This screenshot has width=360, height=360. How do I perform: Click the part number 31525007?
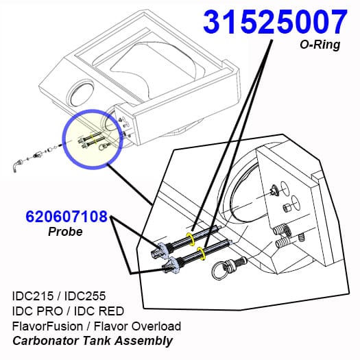pyautogui.click(x=275, y=22)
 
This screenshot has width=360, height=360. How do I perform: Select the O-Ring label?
pyautogui.click(x=320, y=45)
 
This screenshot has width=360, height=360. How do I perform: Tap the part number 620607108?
pyautogui.click(x=67, y=216)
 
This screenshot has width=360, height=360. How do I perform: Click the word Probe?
pyautogui.click(x=65, y=232)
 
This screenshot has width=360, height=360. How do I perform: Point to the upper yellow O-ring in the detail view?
pyautogui.click(x=191, y=239)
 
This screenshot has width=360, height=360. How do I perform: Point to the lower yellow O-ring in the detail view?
pyautogui.click(x=202, y=254)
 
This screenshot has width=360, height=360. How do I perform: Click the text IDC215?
pyautogui.click(x=33, y=296)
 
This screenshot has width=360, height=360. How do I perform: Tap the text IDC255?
pyautogui.click(x=85, y=296)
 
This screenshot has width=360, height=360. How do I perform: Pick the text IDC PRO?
pyautogui.click(x=38, y=311)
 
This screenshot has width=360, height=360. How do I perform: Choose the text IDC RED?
pyautogui.click(x=99, y=311)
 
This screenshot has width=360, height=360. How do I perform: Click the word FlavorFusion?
pyautogui.click(x=47, y=326)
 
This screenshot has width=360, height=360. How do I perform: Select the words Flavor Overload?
pyautogui.click(x=138, y=326)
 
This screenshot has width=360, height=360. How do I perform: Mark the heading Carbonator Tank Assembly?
pyautogui.click(x=93, y=341)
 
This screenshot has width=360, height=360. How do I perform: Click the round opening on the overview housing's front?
pyautogui.click(x=80, y=95)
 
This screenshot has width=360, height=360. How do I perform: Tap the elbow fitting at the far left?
pyautogui.click(x=16, y=165)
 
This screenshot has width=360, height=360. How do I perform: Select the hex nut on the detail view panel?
pyautogui.click(x=286, y=208)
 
